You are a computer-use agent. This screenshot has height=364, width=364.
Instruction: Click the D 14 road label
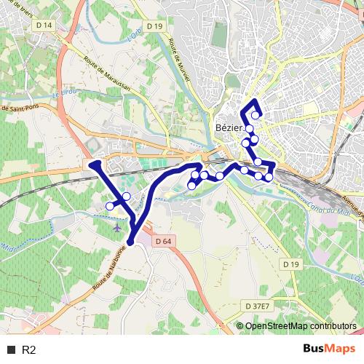pos(44,25)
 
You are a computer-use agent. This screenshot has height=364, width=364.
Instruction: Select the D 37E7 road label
pos(256,306)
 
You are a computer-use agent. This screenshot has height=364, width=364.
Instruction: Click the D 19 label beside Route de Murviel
pos(154,25)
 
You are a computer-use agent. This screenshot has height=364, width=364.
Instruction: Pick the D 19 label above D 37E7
pos(291,264)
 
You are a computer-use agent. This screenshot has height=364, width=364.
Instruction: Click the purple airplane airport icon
pos(119,229)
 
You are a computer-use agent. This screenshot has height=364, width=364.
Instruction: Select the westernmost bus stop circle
pos(110,206)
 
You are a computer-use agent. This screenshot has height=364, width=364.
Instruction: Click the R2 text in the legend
pos(30,350)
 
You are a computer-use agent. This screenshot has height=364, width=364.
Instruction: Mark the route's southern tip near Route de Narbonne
pos(131,242)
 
